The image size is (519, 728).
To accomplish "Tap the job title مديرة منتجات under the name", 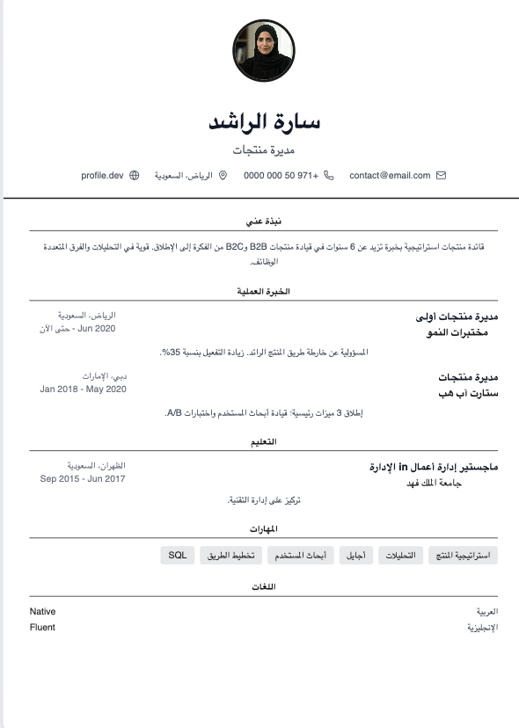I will pyautogui.click(x=263, y=150).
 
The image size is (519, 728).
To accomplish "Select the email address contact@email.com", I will pyautogui.click(x=390, y=176).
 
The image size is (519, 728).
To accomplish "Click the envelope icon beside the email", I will pyautogui.click(x=442, y=176).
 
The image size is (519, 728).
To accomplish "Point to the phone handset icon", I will pyautogui.click(x=329, y=176).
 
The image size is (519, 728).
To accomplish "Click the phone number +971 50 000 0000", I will pyautogui.click(x=281, y=176).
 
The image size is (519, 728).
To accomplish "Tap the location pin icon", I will pyautogui.click(x=223, y=176).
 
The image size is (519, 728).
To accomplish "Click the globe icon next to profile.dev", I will pyautogui.click(x=135, y=176).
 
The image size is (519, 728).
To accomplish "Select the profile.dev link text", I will pyautogui.click(x=102, y=176).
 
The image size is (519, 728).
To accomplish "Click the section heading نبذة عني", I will pyautogui.click(x=263, y=222).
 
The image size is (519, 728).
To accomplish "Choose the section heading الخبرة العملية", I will pyautogui.click(x=263, y=291).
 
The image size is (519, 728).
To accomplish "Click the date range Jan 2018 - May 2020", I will pyautogui.click(x=84, y=389).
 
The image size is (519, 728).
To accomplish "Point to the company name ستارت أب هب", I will pyautogui.click(x=469, y=392).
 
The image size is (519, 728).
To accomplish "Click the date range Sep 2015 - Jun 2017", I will pyautogui.click(x=83, y=479).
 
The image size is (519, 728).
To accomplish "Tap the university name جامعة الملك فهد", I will pyautogui.click(x=460, y=483).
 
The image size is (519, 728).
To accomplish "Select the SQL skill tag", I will pyautogui.click(x=178, y=556).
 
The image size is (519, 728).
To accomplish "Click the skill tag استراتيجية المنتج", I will pyautogui.click(x=463, y=556).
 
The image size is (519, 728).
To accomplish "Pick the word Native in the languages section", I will pyautogui.click(x=42, y=611).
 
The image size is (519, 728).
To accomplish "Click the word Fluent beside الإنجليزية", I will pyautogui.click(x=42, y=628).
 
